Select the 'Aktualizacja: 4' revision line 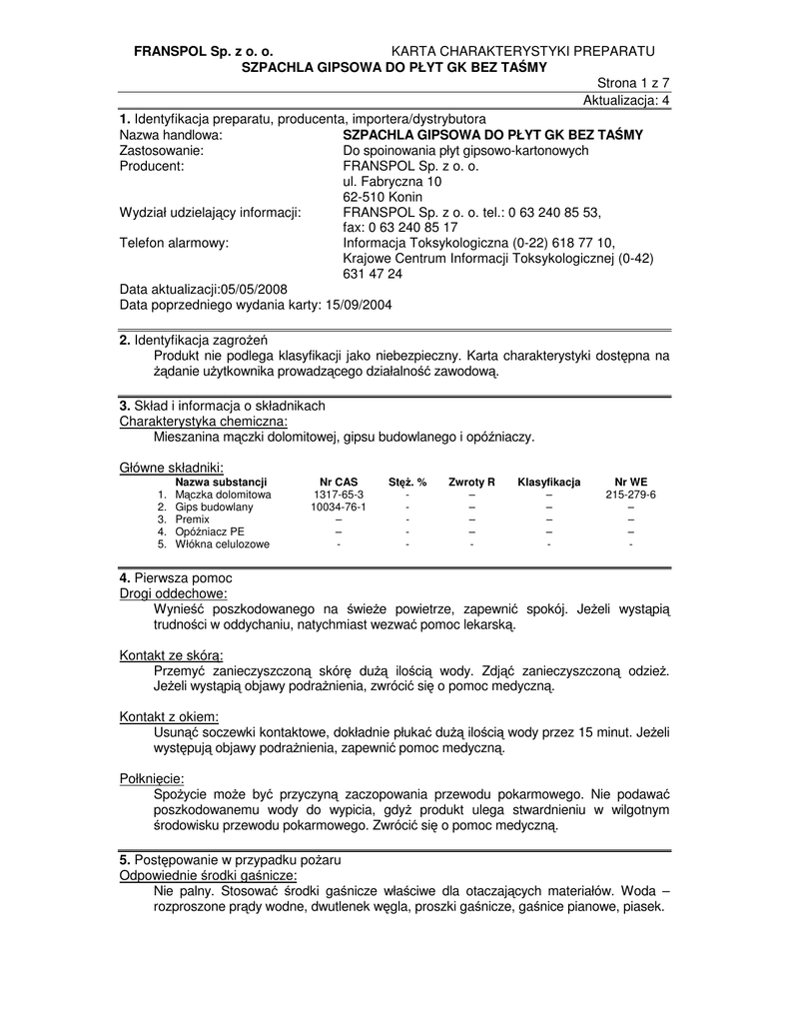click(626, 101)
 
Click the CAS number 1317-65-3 click(339, 495)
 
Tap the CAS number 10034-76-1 click(339, 508)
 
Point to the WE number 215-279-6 click(630, 495)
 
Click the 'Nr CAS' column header click(339, 482)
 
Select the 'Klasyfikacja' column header click(548, 482)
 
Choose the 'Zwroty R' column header click(471, 482)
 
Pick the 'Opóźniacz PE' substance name click(209, 531)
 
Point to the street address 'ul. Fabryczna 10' click(392, 182)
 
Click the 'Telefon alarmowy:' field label click(174, 242)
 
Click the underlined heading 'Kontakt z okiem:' click(169, 717)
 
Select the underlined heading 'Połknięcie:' click(152, 779)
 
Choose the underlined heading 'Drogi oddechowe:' click(173, 593)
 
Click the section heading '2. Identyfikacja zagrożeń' click(188, 341)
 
